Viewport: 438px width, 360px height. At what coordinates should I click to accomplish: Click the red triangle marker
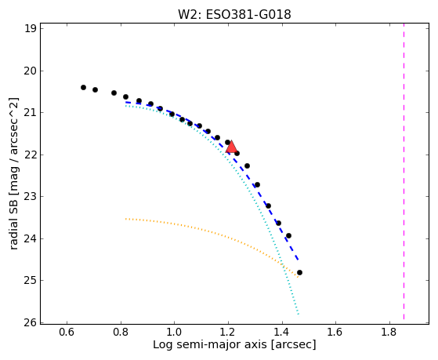point(231,147)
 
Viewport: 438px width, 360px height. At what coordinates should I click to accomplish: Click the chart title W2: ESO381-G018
point(234,14)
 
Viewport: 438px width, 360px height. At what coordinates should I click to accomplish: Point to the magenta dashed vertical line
point(404,172)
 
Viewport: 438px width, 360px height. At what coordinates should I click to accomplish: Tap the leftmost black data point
point(83,88)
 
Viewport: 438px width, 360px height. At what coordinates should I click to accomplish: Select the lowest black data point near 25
point(300,272)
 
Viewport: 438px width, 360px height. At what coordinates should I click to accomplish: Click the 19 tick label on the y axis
point(31,29)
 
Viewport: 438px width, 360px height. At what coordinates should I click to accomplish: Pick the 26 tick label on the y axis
point(31,323)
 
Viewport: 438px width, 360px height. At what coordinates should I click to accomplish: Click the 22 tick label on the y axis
point(31,155)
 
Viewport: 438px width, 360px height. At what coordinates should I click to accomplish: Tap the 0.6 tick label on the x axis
point(67,333)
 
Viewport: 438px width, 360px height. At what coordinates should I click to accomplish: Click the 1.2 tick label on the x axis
point(228,333)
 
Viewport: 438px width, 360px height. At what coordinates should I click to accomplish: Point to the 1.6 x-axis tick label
point(335,333)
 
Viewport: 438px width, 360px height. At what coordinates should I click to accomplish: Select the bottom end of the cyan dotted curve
point(299,315)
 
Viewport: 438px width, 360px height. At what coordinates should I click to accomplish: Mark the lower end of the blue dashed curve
point(299,260)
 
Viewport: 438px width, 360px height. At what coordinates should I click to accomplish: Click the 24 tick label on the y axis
point(31,238)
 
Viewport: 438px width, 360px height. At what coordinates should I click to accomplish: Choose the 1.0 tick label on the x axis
point(174,333)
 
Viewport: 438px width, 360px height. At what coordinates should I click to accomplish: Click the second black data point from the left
point(96,89)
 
